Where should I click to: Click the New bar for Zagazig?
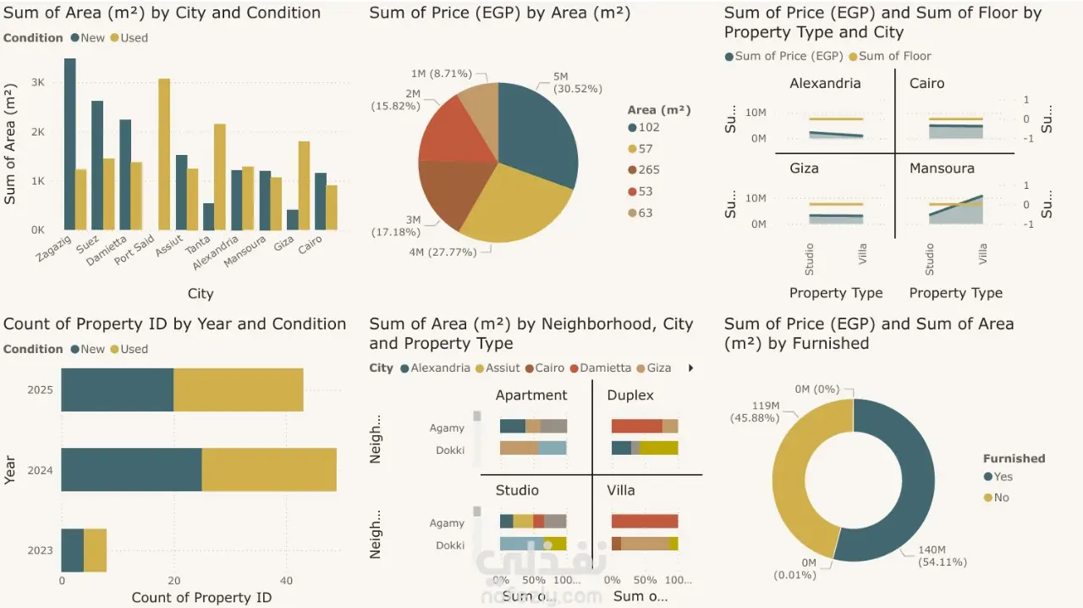point(70,144)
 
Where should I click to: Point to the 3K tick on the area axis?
point(38,83)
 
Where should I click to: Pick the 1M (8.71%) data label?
point(441,75)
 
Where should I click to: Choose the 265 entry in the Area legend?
point(649,170)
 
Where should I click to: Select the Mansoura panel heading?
point(942,169)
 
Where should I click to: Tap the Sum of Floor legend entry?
point(894,56)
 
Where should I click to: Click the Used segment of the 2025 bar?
point(238,390)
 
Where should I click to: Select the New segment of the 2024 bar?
point(131,469)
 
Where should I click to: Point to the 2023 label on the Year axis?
point(40,550)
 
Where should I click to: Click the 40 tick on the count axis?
point(286,581)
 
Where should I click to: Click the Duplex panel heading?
point(630,395)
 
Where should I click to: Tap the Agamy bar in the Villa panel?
point(645,522)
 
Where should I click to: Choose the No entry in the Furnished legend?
point(1001,498)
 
